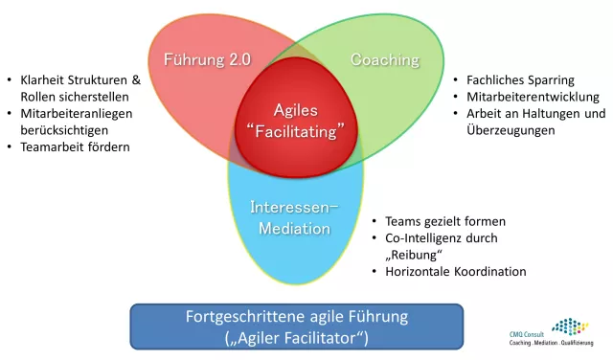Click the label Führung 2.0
pos(207,59)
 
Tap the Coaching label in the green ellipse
pos(385,60)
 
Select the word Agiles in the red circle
pos(296,110)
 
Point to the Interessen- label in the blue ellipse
pos(295,207)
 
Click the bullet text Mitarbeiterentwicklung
pos(533,97)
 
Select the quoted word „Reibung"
pos(411,255)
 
